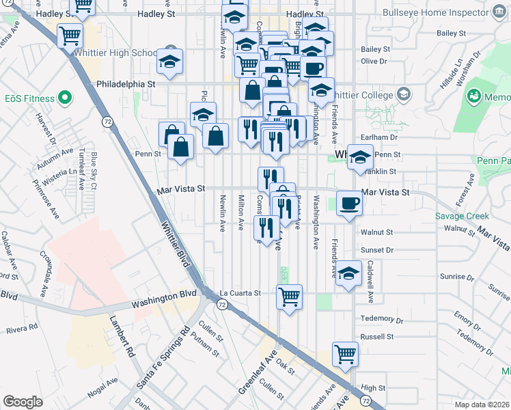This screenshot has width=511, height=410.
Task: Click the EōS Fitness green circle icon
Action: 65,98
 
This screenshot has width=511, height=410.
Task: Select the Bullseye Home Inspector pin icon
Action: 498,12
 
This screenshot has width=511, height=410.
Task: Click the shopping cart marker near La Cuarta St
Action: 289,297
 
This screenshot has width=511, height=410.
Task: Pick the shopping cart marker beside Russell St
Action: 345,354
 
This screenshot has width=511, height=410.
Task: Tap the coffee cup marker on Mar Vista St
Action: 350,203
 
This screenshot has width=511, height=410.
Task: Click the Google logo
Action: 23,402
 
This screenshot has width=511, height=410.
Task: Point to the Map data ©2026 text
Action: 482,405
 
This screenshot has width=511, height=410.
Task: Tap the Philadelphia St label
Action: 126,83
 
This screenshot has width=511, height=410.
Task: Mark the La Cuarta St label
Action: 240,293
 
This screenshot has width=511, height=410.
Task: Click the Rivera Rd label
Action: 23,328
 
